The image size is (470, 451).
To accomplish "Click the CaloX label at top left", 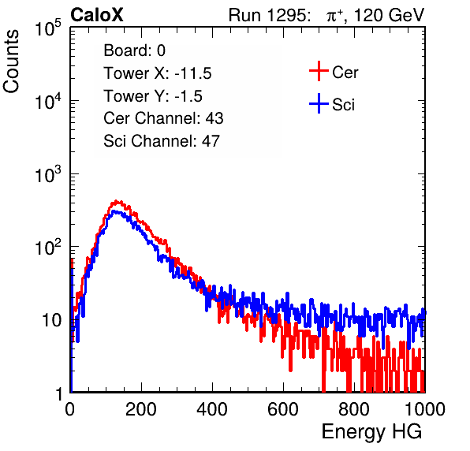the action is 97,15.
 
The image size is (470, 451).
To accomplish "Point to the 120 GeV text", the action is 389,15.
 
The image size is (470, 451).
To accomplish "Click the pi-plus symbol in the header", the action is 334,16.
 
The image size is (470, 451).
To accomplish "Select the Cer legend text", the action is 345,73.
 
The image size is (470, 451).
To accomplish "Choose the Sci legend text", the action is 343,105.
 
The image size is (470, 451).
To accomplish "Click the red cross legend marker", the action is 319,71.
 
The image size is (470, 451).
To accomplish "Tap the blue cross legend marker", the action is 319,103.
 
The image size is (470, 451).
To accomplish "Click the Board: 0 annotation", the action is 134,50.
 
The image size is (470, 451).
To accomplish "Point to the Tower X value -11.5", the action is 193,73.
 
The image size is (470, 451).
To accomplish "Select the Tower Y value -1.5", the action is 188,96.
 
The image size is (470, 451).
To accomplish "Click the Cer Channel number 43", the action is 214,118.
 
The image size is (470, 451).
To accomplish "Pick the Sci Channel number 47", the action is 211,141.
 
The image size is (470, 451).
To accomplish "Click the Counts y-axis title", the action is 11,61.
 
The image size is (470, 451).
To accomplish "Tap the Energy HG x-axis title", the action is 371,432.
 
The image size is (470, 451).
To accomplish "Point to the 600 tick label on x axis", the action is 283,409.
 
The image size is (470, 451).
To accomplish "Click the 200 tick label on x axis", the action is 141,409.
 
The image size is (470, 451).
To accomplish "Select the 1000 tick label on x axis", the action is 425,409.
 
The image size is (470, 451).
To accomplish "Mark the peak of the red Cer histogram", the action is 117,201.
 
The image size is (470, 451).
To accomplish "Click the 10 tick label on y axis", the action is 51,320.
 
